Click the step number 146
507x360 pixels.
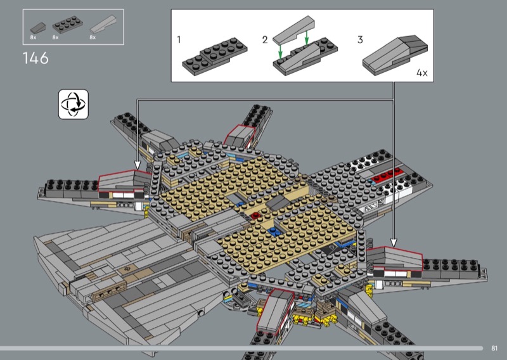(35, 58)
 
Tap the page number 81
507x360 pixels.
(494, 348)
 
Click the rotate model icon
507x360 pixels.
(74, 105)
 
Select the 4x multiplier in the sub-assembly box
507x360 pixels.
(422, 73)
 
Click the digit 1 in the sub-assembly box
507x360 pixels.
(179, 39)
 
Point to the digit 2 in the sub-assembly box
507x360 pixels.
(265, 40)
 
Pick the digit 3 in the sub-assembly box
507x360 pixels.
(360, 39)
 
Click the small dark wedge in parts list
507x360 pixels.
(38, 28)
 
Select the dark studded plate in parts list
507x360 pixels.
(68, 25)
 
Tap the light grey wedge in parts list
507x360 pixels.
(103, 24)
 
